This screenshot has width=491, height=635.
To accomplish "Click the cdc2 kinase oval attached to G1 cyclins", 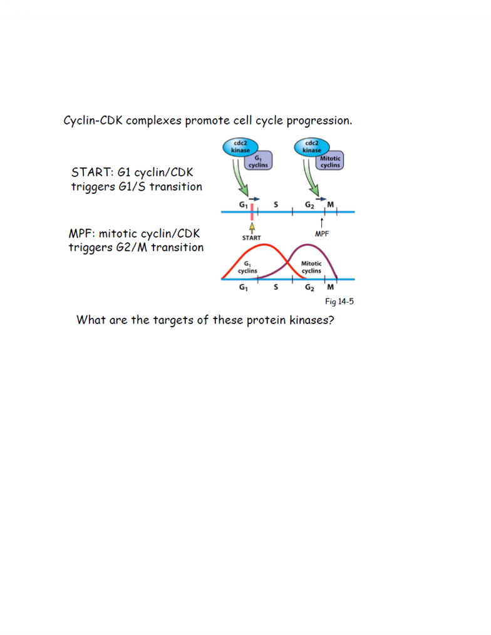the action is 240,146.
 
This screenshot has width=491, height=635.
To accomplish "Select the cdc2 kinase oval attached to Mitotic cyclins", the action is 311,146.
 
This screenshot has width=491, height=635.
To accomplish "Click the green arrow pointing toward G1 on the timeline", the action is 240,178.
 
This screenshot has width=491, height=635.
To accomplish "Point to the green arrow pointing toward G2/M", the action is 311,178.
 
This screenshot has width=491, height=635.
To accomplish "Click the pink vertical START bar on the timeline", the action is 252,212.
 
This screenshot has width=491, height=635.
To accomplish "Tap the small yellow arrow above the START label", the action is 252,227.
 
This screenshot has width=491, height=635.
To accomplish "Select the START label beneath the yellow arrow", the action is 251,238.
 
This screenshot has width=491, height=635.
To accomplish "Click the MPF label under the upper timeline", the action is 322,234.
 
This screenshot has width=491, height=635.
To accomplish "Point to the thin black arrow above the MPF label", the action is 322,223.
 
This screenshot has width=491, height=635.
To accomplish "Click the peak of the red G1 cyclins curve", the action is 265,245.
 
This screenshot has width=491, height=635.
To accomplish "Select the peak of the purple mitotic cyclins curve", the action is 307,245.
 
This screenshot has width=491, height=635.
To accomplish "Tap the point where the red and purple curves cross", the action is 287,262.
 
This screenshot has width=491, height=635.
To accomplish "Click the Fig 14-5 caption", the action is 339,302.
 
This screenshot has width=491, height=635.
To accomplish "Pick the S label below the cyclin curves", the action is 276,287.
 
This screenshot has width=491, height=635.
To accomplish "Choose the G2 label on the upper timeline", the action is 309,205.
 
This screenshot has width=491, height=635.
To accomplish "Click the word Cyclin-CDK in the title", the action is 93,121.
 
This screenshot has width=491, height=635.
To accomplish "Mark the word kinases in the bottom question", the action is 312,320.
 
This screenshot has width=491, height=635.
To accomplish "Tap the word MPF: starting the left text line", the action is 82,234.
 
